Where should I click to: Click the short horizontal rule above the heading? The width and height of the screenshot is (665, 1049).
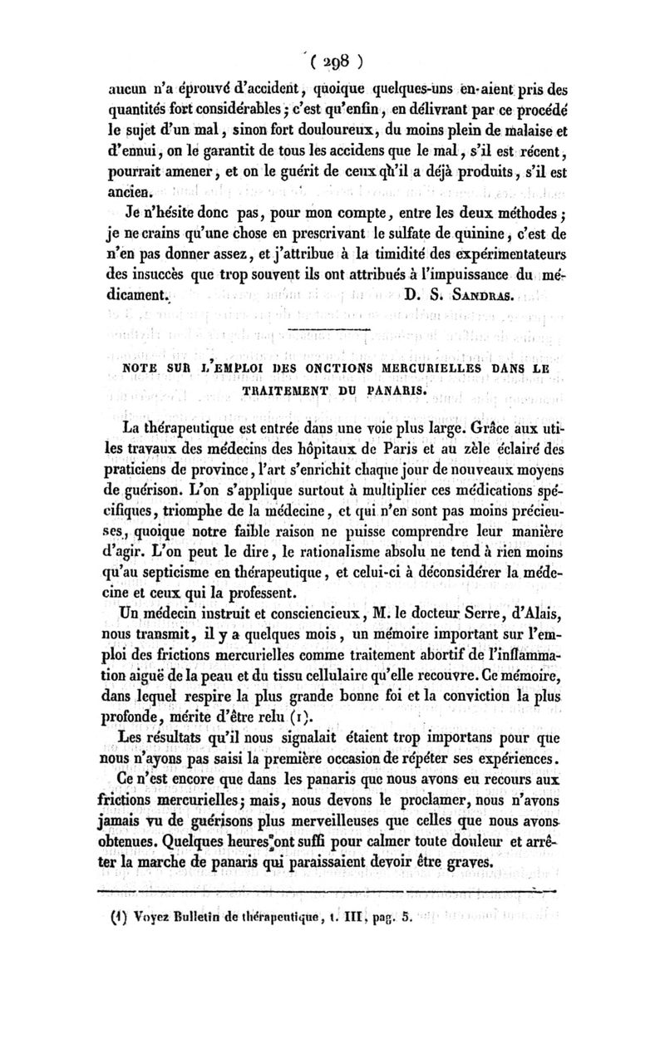(332, 332)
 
